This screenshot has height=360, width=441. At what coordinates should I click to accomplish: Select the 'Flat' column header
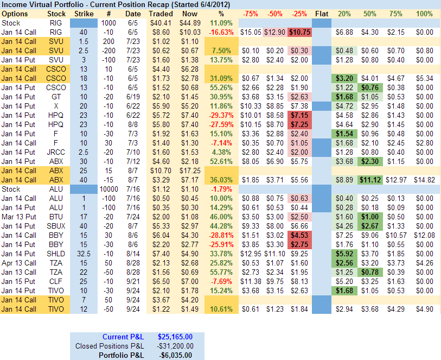coord(321,13)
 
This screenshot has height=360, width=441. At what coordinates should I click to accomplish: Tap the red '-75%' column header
coord(251,13)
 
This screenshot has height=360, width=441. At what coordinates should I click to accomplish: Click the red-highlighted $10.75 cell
coord(300,32)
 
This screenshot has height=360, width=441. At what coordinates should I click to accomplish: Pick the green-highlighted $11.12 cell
coord(369,179)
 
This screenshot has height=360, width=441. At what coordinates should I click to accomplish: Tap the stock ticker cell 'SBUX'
coord(56,225)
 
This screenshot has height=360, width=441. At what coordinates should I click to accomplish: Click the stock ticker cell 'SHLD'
coord(56,253)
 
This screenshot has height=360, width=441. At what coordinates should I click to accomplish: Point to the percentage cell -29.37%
coord(220,115)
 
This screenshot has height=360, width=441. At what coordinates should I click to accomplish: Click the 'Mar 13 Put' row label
coord(20,216)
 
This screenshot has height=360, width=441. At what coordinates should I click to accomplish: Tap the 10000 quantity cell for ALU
coord(108,189)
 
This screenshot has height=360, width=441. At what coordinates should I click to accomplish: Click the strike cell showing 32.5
coord(83,253)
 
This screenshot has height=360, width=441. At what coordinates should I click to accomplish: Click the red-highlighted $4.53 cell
coord(300,235)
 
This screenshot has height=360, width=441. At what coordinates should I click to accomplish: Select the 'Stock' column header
coord(56,13)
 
